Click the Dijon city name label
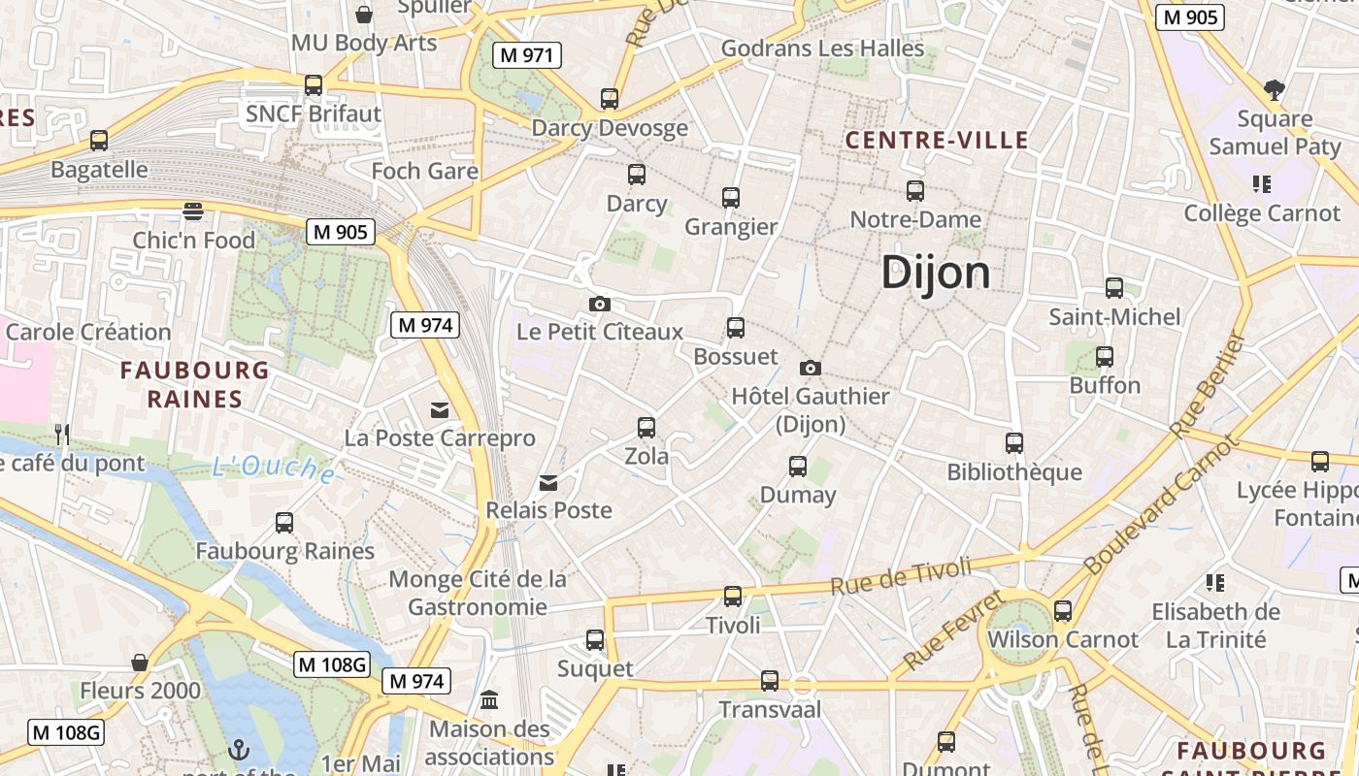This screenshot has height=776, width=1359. [x=936, y=273]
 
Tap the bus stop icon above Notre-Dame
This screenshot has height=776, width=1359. [x=914, y=190]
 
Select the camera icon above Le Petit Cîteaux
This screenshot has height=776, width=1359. [x=600, y=304]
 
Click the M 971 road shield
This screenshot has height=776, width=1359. [x=527, y=55]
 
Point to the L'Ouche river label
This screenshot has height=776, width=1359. [x=274, y=469]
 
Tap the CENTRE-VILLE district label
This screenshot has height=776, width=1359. [x=936, y=140]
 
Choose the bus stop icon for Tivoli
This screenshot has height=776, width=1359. [x=733, y=596]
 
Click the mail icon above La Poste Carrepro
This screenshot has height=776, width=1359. [x=441, y=409]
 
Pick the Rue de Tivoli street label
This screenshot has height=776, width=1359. [x=900, y=575]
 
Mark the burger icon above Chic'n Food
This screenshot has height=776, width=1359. [x=193, y=210]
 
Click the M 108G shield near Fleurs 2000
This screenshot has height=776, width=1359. [x=332, y=664]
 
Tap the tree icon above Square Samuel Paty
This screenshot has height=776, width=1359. [x=1275, y=90]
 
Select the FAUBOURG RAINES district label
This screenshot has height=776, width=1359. [x=194, y=384]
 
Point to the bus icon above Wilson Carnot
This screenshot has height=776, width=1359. [x=1063, y=610]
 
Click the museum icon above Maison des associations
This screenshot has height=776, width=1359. [x=489, y=699]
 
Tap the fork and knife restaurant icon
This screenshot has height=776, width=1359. [x=62, y=434]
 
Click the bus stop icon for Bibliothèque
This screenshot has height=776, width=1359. [x=1014, y=442]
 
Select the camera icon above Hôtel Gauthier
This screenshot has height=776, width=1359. [x=811, y=368]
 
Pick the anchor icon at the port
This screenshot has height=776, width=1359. [x=238, y=749]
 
